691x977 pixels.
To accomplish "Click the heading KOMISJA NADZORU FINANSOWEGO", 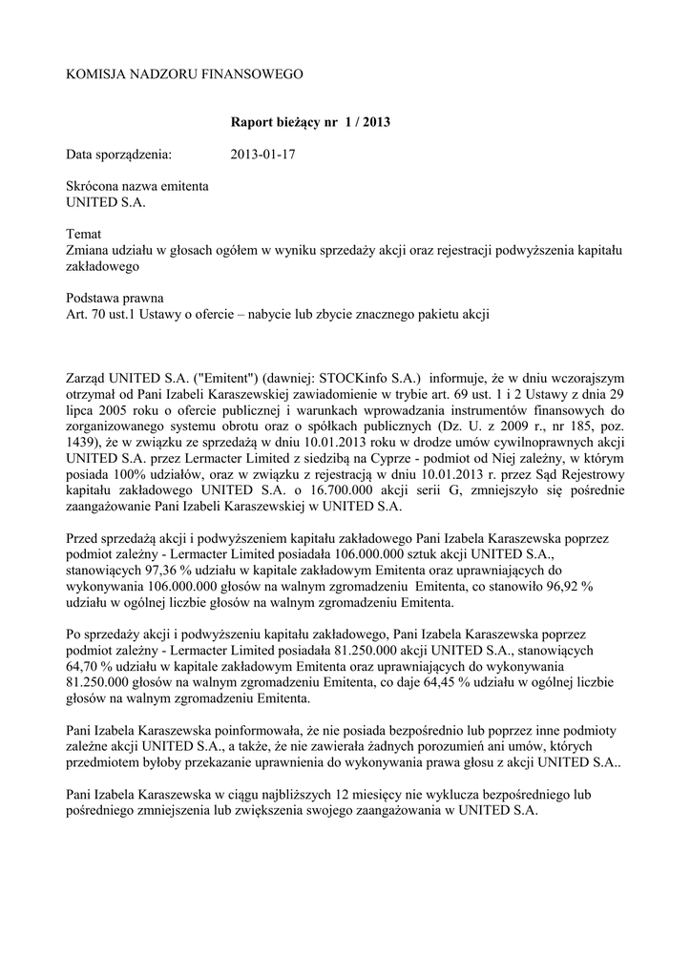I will coord(184,73).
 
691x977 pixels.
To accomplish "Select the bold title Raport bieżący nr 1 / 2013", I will coord(310,123).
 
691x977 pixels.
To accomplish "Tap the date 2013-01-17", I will coord(263,154).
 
